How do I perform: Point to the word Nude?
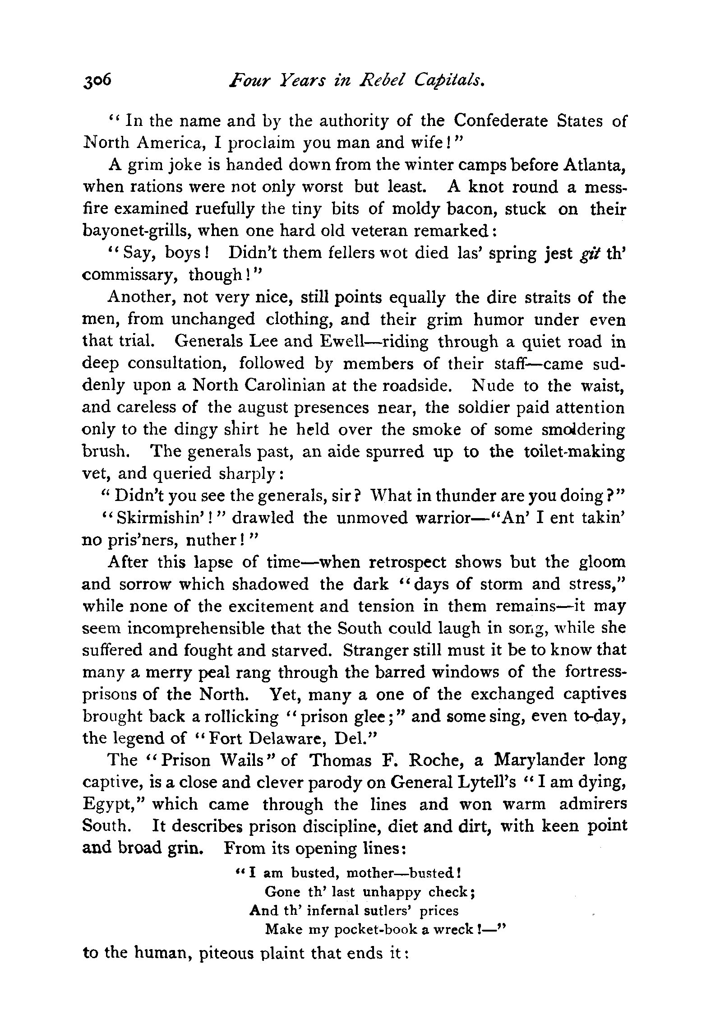(x=493, y=386)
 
